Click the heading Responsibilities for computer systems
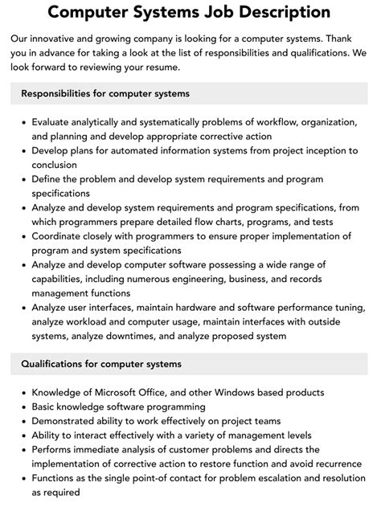point(106,94)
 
